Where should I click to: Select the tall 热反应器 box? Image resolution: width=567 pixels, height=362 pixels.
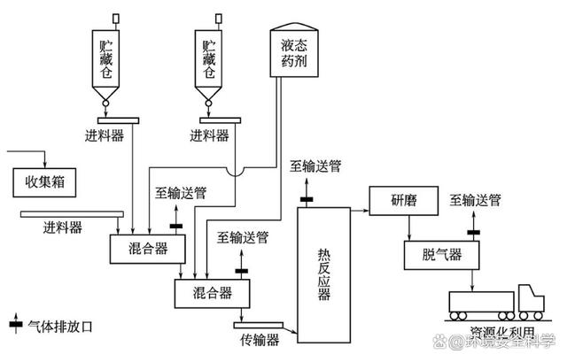[x=324, y=269]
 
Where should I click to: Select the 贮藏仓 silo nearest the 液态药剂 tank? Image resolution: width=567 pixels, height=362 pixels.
[x=210, y=58]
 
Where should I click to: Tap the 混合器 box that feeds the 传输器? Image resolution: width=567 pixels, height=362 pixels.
[x=214, y=292]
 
